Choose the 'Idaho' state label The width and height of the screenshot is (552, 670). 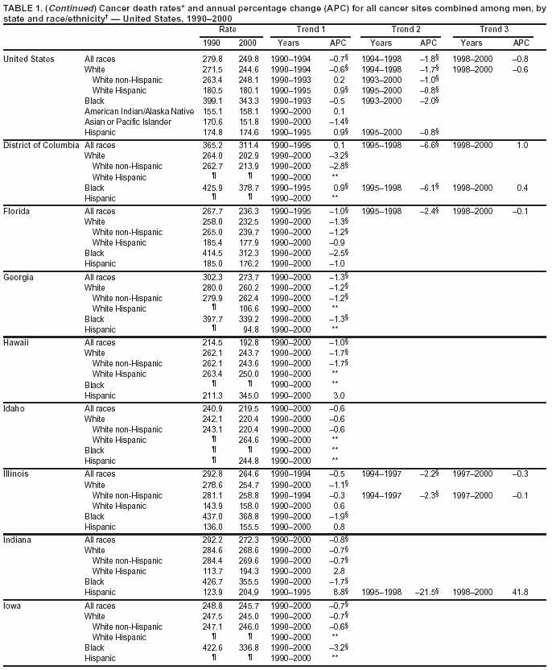pos(14,408)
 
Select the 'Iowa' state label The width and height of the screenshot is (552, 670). pos(13,606)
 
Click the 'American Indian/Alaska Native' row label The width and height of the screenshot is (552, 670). pos(139,110)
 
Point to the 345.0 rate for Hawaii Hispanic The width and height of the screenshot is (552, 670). pos(249,395)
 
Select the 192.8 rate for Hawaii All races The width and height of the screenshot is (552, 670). pos(249,341)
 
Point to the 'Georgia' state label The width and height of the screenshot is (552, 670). pos(17,276)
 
